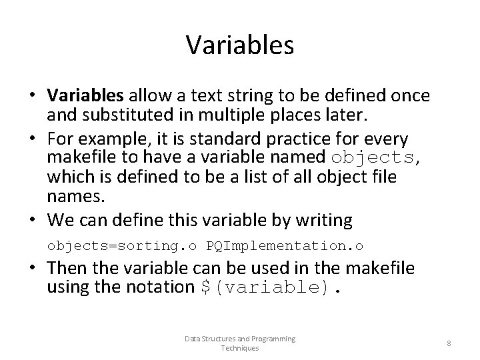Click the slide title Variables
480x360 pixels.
pos(240,45)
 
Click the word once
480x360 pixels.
pos(409,96)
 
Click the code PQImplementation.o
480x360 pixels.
pos(285,246)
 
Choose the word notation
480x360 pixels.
pos(161,287)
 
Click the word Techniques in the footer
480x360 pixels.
pos(240,348)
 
